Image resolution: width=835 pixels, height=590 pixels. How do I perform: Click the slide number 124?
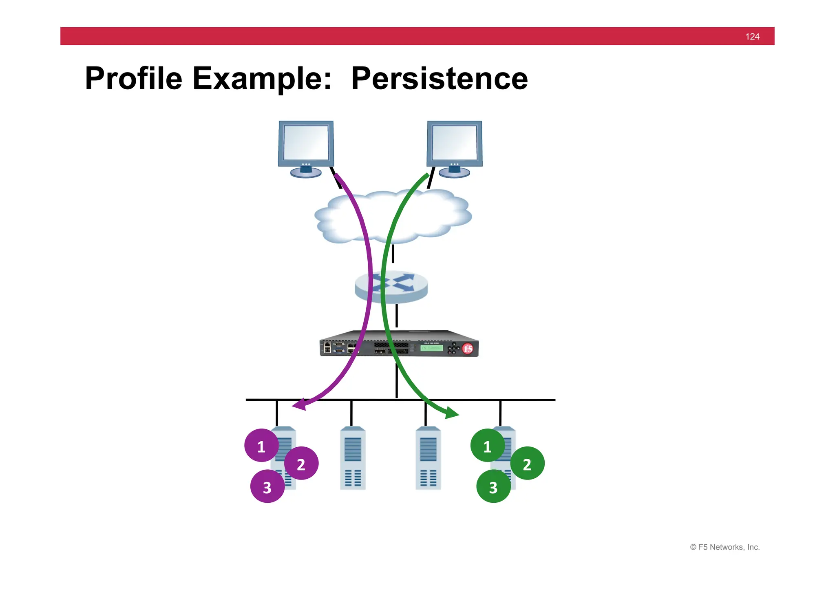pos(752,37)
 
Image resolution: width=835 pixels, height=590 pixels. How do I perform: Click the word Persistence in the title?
pos(439,78)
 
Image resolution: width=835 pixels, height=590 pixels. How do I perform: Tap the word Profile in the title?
pos(133,78)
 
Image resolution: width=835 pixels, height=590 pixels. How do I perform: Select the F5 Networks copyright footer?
pos(725,547)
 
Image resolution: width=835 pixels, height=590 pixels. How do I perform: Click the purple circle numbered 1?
pos(261,446)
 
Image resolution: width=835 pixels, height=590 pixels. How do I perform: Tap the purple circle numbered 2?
pos(301,464)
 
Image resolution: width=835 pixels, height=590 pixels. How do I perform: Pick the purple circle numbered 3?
pos(267,486)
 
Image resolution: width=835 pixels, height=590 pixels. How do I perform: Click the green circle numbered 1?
pos(487,446)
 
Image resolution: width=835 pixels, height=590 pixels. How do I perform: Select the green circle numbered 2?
pos(527,464)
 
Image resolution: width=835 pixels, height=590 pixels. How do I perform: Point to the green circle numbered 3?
pos(493,486)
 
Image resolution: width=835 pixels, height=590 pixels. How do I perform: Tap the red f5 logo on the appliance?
pos(468,349)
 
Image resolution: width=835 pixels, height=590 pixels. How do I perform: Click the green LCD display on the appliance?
pos(431,348)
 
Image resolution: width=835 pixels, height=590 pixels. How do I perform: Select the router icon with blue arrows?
pos(391,287)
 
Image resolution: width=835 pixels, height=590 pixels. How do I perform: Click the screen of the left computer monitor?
pos(306,142)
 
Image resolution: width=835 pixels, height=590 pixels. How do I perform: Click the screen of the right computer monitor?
pos(454,142)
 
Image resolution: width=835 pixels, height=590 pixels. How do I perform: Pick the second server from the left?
pos(353,458)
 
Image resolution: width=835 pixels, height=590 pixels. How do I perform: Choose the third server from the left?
pos(428,458)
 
